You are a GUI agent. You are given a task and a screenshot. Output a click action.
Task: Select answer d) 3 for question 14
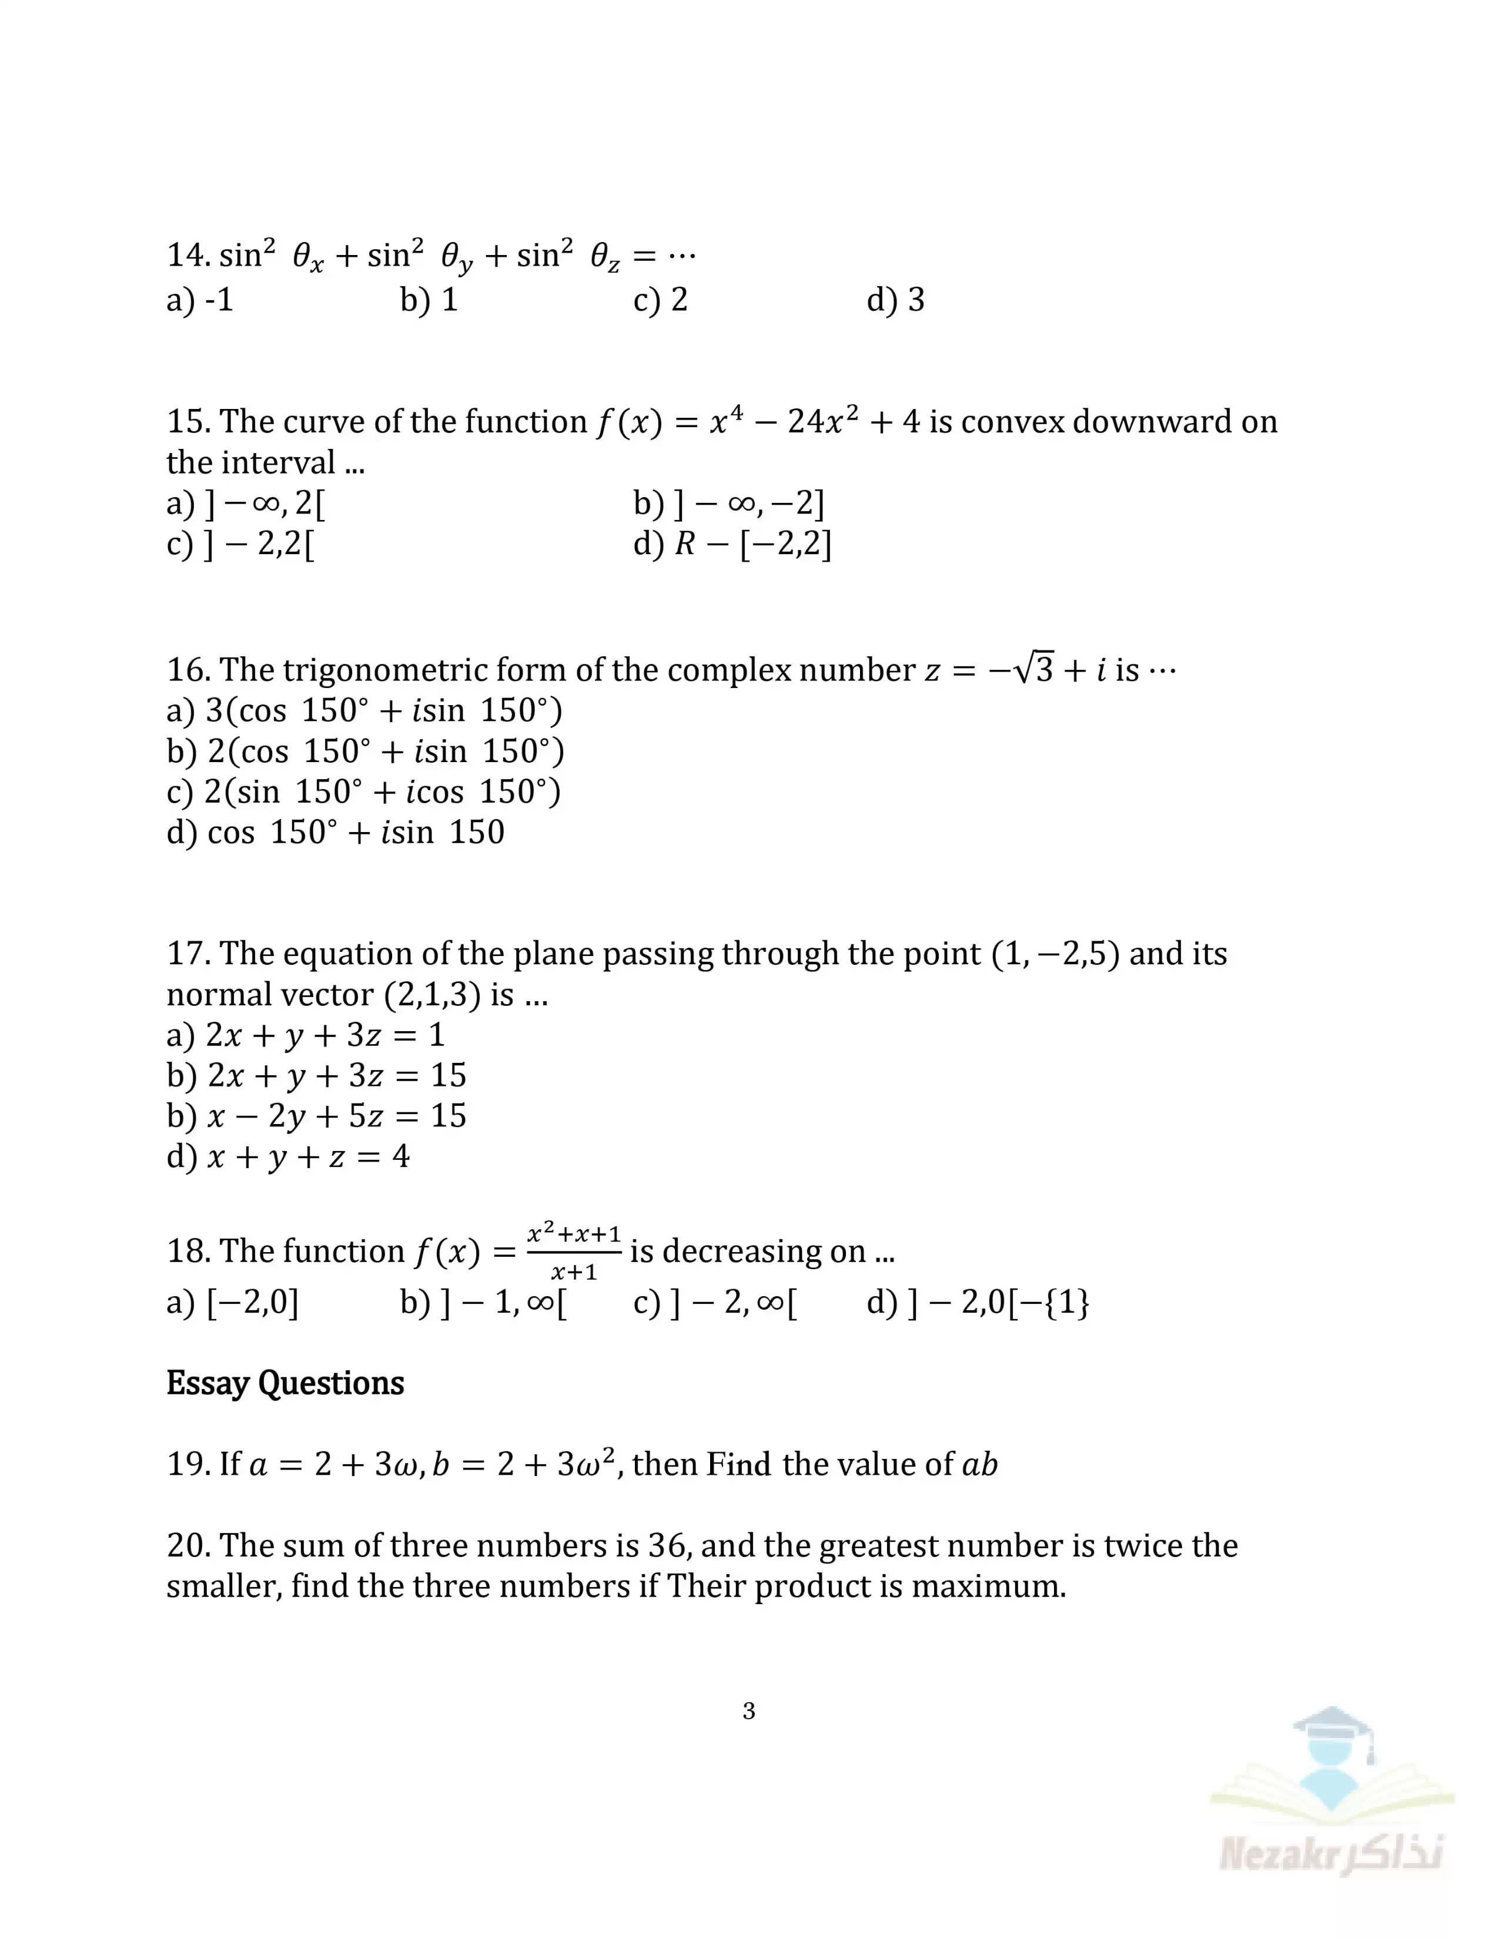click(x=895, y=300)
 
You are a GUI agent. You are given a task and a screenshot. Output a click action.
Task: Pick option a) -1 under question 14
click(x=200, y=300)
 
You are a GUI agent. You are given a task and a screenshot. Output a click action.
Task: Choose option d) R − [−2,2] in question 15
click(x=732, y=544)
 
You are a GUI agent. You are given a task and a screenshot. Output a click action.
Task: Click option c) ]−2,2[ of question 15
click(x=240, y=544)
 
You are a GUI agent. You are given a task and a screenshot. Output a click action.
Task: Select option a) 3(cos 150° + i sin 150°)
click(x=364, y=710)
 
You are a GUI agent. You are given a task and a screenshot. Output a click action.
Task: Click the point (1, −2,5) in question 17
click(x=1055, y=954)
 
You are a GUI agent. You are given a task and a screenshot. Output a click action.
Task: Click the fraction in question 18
click(x=574, y=1252)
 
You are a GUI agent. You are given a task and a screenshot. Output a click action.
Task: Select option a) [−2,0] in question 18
click(x=233, y=1303)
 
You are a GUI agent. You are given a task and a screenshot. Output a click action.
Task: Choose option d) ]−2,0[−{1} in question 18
click(x=978, y=1303)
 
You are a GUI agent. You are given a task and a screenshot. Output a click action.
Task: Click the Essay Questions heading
click(x=285, y=1383)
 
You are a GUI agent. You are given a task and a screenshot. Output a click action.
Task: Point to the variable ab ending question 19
click(x=979, y=1464)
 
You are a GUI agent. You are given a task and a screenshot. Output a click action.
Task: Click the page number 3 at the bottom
click(x=748, y=1711)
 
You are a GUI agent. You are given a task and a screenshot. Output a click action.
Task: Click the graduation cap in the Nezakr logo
click(x=1332, y=1727)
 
